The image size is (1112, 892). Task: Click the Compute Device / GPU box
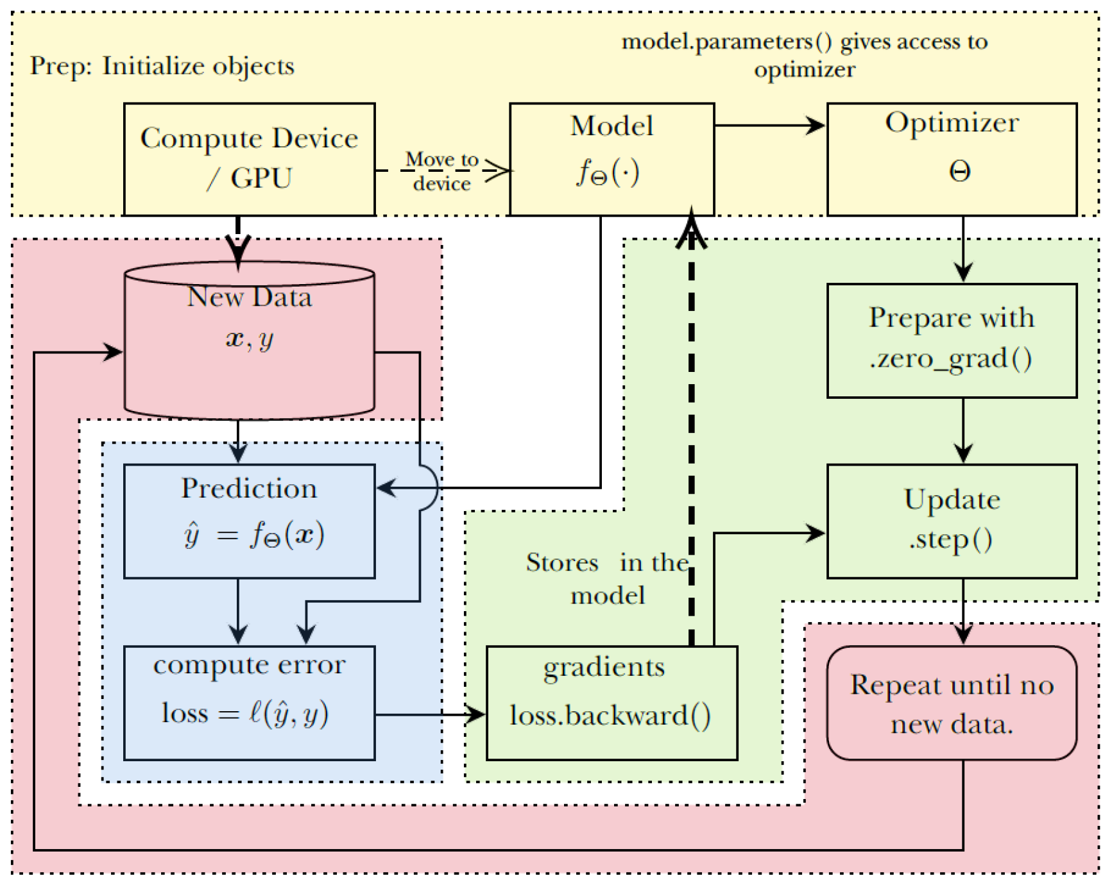coord(249,158)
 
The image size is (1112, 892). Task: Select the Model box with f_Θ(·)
coord(612,158)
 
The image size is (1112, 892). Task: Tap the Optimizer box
coord(952,158)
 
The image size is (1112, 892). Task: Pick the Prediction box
coord(249,521)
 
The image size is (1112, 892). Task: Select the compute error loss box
coord(249,702)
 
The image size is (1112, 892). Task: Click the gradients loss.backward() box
coord(612,702)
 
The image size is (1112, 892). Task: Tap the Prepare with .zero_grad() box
coord(952,340)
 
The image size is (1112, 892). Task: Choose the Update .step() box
coord(952,521)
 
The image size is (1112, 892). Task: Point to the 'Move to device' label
coord(441,171)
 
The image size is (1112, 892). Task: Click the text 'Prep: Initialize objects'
coord(162,66)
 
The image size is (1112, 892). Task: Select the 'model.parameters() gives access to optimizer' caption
coord(805,55)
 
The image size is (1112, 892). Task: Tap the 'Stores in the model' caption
coord(608,578)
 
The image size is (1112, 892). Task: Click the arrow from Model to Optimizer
coord(770,125)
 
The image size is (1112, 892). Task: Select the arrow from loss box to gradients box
coord(430,714)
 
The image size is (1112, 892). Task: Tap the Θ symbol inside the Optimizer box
coord(959,171)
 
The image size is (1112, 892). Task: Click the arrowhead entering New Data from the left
coord(113,351)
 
